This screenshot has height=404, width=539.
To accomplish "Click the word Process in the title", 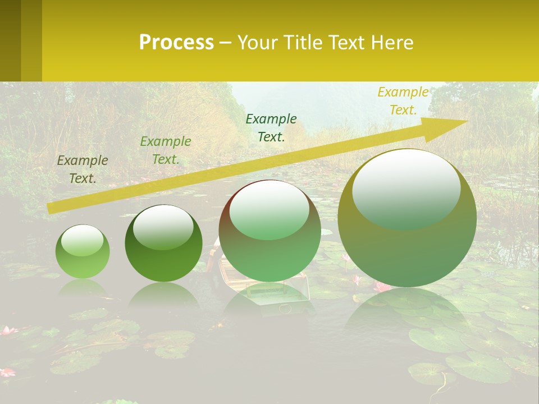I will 176,43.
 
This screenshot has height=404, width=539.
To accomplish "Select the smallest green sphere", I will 83,252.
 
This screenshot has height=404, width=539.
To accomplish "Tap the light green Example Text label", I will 166,150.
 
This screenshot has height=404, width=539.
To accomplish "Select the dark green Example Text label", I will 271,128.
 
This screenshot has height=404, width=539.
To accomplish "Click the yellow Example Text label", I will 403,101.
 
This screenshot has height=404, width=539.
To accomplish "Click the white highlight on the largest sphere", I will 406,182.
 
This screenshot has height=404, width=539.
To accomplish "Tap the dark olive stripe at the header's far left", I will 11,40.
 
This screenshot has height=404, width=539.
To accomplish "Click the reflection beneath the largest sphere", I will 407,314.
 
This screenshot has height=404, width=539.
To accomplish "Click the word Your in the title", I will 257,43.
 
